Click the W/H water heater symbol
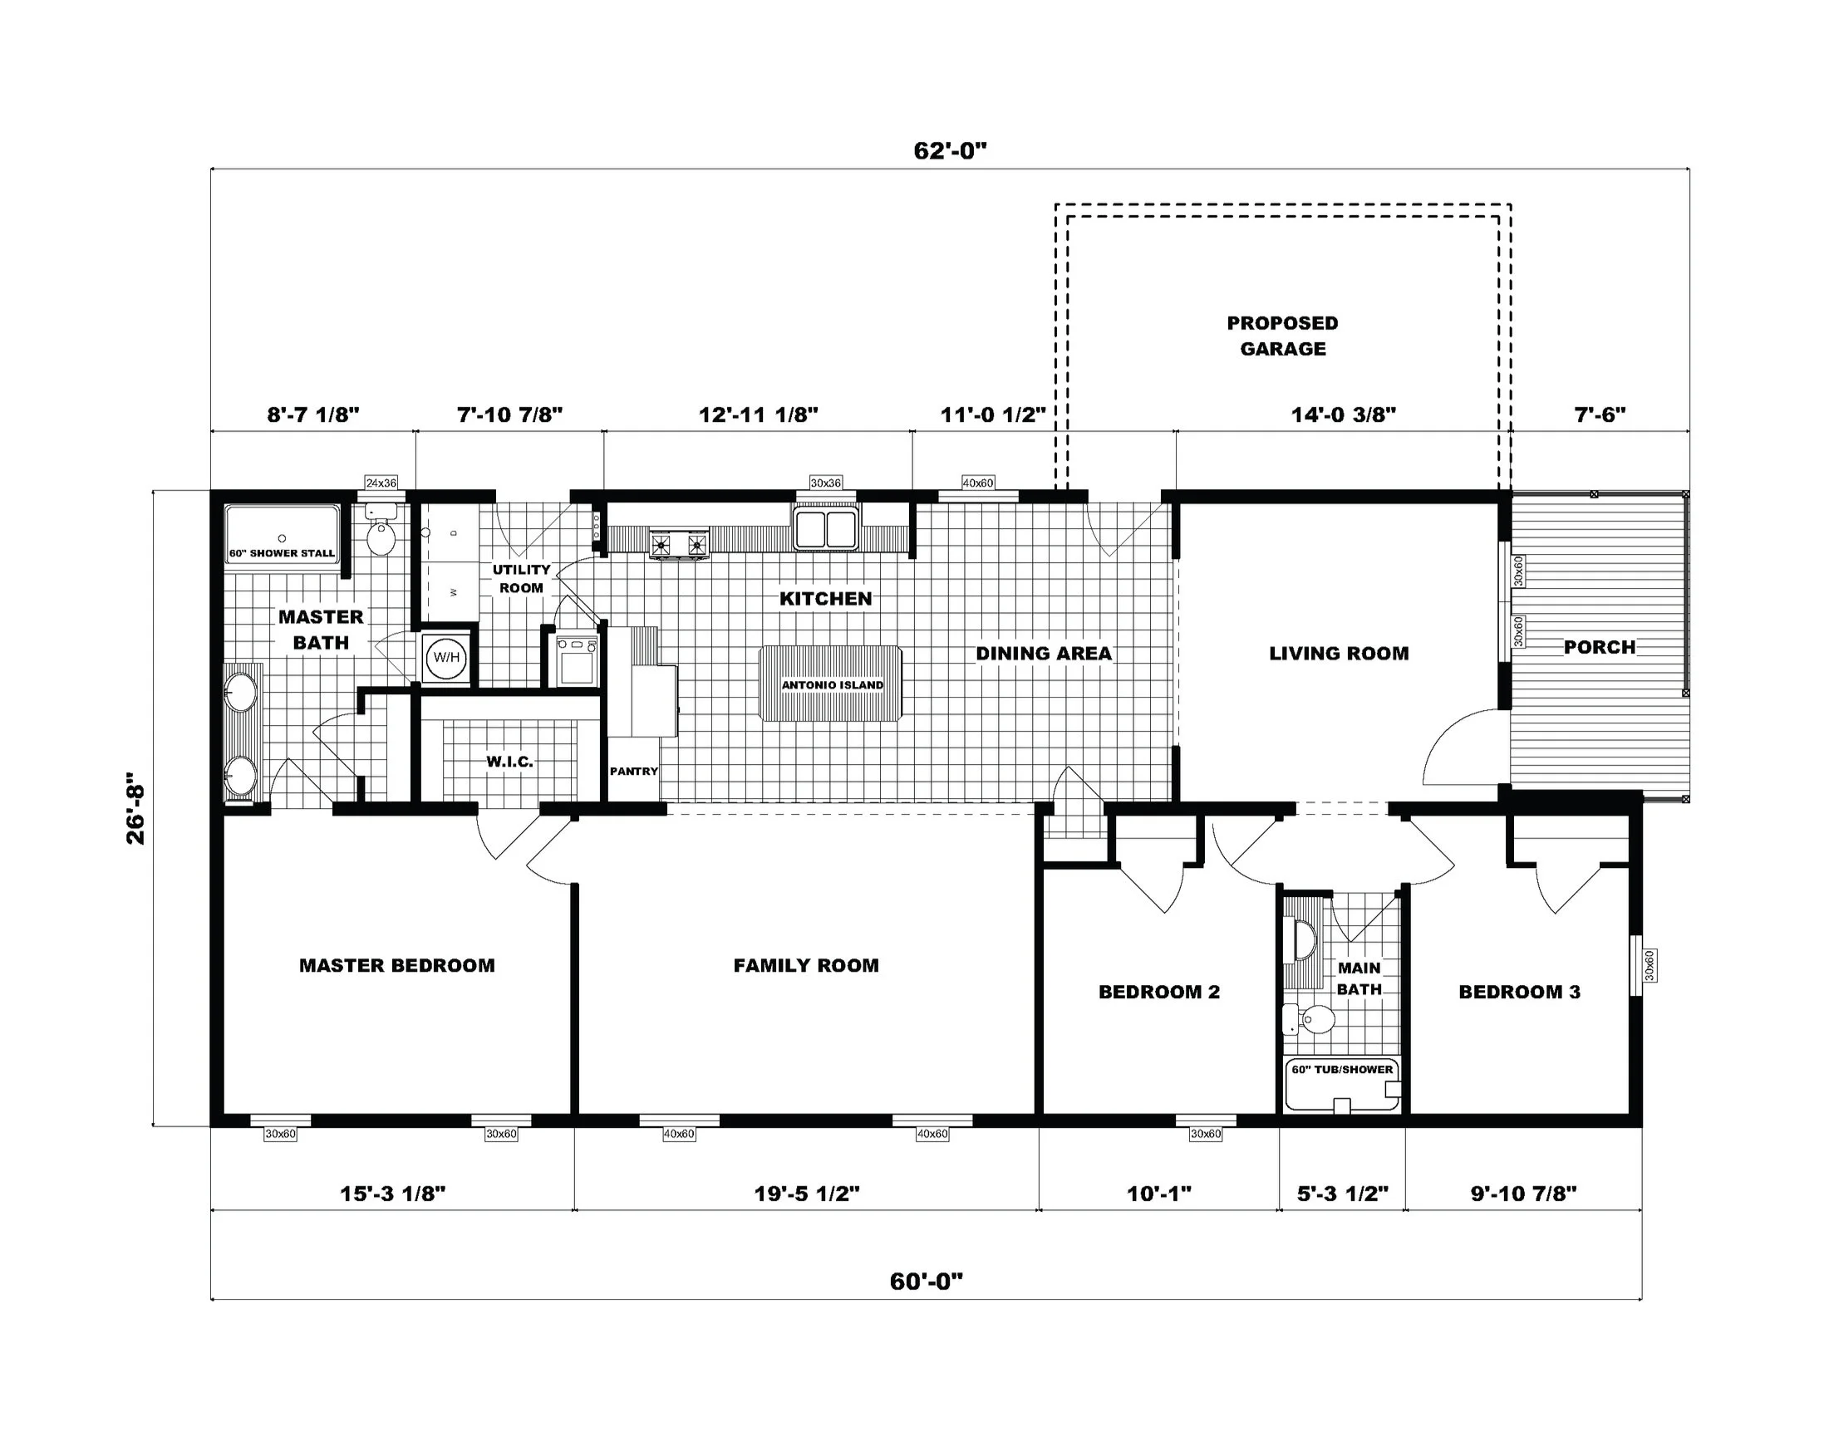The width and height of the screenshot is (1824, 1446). (x=446, y=657)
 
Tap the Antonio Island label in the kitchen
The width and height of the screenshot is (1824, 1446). (x=833, y=685)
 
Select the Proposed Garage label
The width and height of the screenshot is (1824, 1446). (x=1282, y=336)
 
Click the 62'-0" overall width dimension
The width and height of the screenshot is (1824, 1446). (x=950, y=150)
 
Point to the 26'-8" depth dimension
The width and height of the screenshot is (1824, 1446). (x=135, y=808)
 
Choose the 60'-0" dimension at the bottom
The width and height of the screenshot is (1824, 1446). (x=927, y=1281)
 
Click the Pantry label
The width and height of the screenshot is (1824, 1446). (x=634, y=772)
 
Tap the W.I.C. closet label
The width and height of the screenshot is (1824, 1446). (x=509, y=762)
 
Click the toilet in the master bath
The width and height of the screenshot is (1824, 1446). (x=381, y=530)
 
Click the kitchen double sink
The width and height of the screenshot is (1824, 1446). (x=825, y=527)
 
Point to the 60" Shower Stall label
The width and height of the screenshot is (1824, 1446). (x=282, y=553)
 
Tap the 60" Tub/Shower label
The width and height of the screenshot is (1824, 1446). (x=1342, y=1069)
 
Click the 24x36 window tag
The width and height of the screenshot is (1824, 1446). (x=381, y=483)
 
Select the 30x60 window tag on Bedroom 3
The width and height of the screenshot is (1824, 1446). (x=1649, y=965)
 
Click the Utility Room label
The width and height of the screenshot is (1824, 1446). (x=521, y=578)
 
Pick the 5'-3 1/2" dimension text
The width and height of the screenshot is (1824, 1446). (x=1343, y=1194)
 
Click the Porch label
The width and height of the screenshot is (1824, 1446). (x=1599, y=647)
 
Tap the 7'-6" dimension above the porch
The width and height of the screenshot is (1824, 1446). (x=1600, y=414)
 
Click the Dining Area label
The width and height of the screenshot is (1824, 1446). (x=1043, y=653)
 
